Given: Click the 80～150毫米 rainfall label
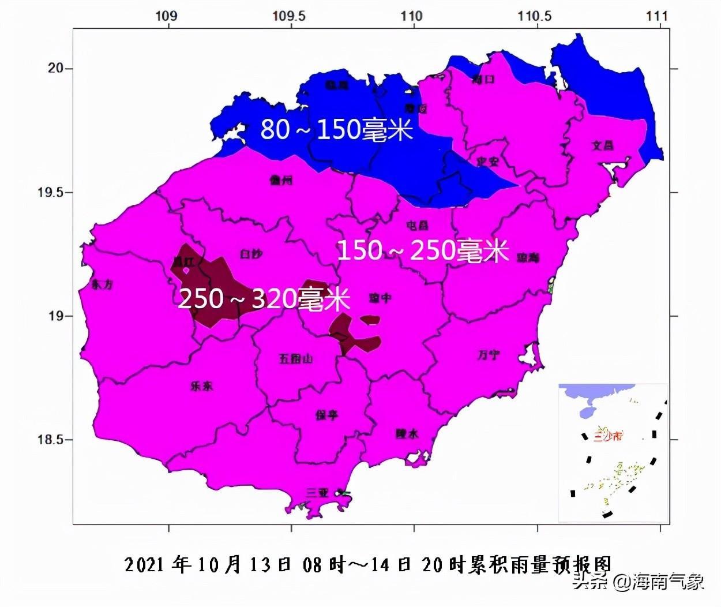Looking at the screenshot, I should (x=336, y=129).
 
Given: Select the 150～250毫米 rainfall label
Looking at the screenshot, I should (x=422, y=251).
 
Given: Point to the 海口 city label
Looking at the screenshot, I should (x=483, y=79).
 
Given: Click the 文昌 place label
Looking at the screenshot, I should (x=603, y=145).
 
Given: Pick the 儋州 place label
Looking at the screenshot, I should (x=281, y=180).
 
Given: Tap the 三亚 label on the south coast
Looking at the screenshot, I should (x=317, y=493).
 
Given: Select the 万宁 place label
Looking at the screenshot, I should (x=489, y=355).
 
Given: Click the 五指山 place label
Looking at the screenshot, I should (x=295, y=359).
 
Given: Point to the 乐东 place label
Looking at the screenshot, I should (x=201, y=386).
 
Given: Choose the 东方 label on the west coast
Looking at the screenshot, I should (x=102, y=284).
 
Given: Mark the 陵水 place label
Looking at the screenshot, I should (x=407, y=434).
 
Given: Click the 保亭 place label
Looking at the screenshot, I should (x=326, y=415).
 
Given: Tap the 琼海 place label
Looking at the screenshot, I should (x=528, y=257).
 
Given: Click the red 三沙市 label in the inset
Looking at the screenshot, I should (x=609, y=436).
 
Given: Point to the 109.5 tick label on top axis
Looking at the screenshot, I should (x=289, y=16).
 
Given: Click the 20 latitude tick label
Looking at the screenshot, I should (x=55, y=68).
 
